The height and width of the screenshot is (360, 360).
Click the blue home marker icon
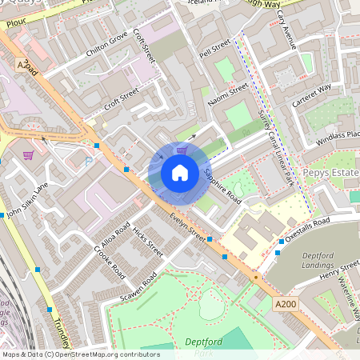180,172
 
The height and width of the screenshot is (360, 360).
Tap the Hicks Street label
149,241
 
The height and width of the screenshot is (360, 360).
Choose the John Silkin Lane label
26,201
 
